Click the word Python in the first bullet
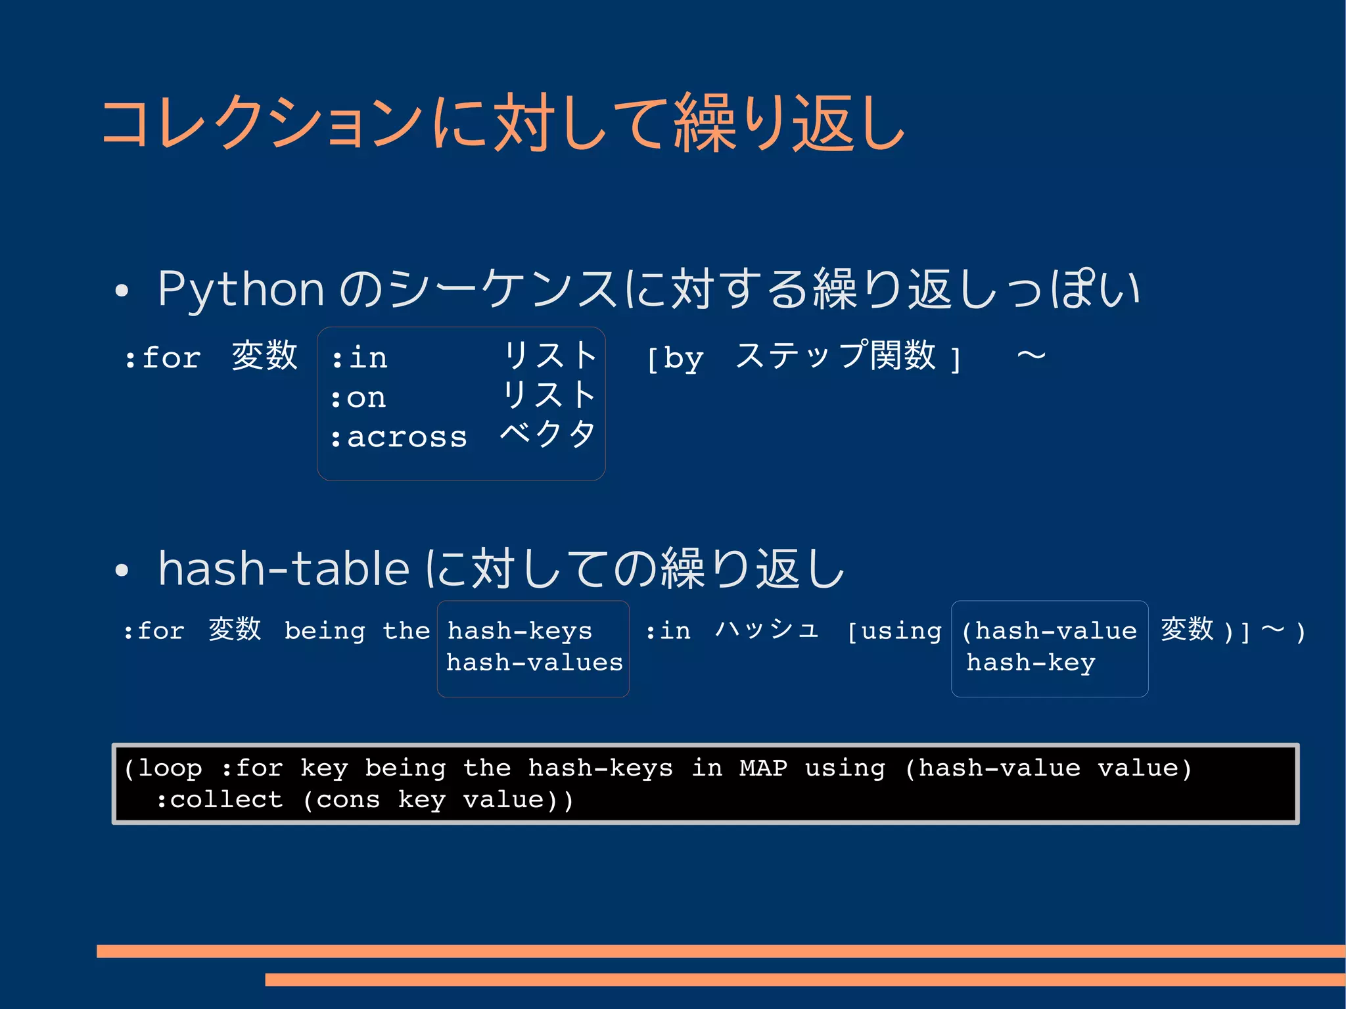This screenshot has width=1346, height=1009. [x=241, y=289]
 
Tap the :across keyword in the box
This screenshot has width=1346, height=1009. [x=399, y=437]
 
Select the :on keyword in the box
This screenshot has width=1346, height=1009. [x=358, y=398]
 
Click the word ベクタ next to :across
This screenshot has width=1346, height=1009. [x=547, y=434]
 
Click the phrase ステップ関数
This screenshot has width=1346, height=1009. [x=835, y=356]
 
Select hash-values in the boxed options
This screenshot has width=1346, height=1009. [x=534, y=663]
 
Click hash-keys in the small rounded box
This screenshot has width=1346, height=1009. [x=520, y=631]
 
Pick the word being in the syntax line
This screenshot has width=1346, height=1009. [x=325, y=632]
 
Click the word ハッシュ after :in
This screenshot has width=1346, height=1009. [x=767, y=630]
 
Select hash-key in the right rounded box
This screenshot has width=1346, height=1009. [x=1031, y=663]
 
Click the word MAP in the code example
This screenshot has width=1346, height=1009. [x=763, y=768]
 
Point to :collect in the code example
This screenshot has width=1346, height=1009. [x=220, y=800]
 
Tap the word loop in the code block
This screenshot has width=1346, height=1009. [x=170, y=768]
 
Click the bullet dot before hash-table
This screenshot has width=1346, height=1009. [x=122, y=570]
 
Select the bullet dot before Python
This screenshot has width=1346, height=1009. [x=122, y=291]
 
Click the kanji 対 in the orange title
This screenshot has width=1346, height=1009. [x=522, y=123]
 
